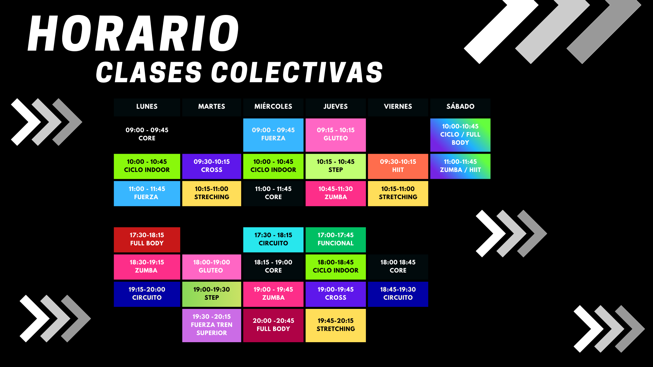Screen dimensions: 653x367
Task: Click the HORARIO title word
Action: coord(134,34)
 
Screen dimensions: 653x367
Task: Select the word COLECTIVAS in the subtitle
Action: coord(297,72)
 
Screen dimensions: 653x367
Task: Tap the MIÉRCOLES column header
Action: coord(273,107)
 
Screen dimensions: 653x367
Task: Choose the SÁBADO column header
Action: coord(460,107)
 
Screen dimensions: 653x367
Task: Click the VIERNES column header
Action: coord(398,107)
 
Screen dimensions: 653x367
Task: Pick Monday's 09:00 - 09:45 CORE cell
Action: coord(147,134)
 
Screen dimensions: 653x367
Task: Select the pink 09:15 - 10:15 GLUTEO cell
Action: coord(336,135)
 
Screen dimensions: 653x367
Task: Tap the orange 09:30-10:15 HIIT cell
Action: coord(398,166)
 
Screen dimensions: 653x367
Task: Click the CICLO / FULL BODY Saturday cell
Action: coord(460,135)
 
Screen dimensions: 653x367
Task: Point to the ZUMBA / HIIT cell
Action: coord(460,166)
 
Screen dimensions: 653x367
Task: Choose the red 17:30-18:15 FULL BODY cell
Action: coord(147,240)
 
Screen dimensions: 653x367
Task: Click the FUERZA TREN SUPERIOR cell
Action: coord(212,325)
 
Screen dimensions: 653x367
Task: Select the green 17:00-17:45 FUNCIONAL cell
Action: coord(336,240)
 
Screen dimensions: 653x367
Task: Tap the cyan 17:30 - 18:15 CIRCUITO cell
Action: coord(273,240)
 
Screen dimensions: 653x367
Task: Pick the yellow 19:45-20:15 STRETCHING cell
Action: coord(336,325)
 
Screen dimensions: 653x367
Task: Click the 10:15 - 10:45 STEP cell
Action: coord(336,166)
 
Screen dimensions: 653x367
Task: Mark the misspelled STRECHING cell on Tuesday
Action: coord(212,193)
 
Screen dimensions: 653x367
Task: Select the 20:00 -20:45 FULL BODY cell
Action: coord(273,325)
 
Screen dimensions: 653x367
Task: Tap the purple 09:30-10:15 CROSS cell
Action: coord(212,166)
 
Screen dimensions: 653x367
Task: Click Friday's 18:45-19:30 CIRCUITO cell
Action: coord(398,294)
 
